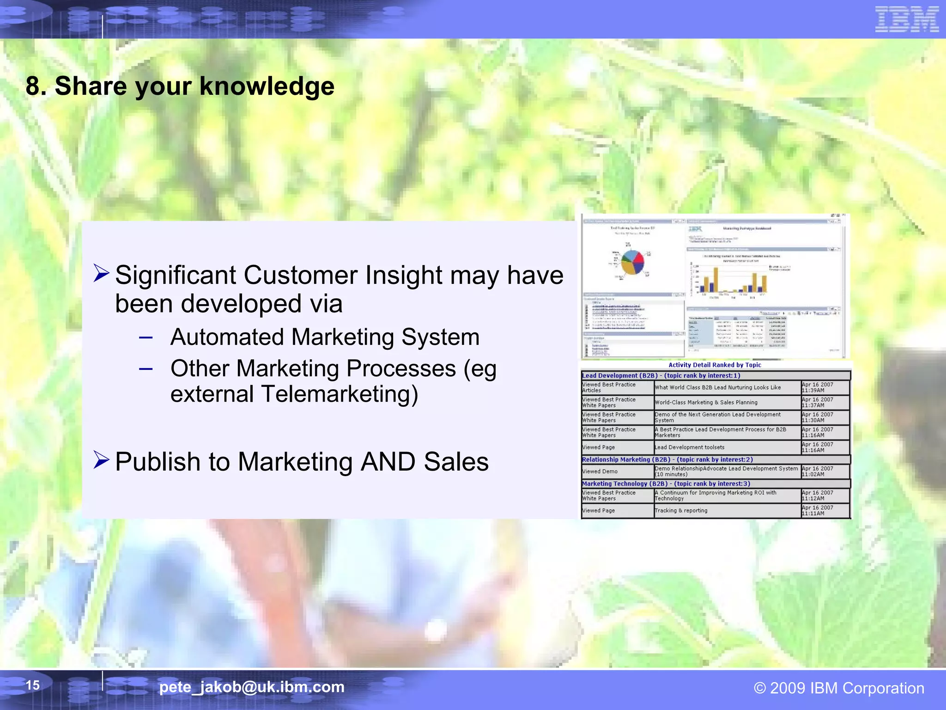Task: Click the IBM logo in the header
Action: tap(906, 19)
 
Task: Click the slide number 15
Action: tap(32, 685)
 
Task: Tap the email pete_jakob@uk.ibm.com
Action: tap(252, 687)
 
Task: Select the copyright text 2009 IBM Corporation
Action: tap(839, 688)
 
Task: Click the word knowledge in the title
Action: tap(267, 86)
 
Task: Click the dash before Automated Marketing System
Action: tap(146, 337)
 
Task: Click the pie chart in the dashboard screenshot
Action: tap(632, 262)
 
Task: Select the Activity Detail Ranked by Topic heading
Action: tap(715, 365)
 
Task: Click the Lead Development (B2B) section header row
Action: tap(661, 376)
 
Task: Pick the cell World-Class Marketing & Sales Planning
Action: tap(706, 403)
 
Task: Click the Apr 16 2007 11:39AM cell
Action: tap(818, 387)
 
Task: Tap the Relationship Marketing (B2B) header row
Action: tap(667, 459)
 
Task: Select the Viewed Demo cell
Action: tap(600, 471)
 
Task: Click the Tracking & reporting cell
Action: tap(681, 511)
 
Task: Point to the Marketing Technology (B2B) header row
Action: tap(666, 484)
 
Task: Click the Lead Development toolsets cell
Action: tap(689, 447)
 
